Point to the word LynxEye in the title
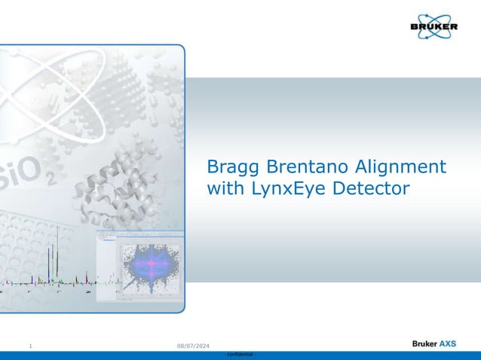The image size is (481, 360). [287, 189]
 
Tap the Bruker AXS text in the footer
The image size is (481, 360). [434, 343]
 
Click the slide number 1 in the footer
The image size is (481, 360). [29, 345]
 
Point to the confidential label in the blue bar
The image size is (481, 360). [240, 354]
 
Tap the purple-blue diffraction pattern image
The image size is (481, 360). [151, 264]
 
